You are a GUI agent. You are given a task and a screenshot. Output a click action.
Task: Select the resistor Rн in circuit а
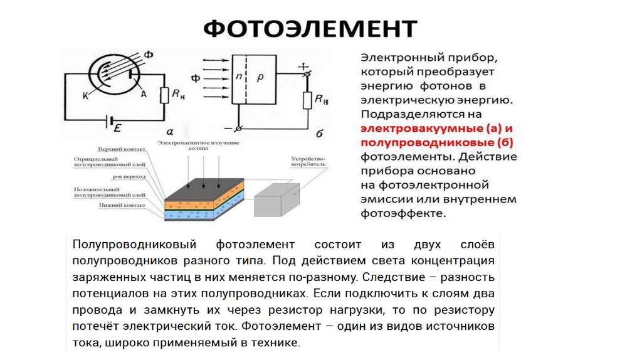coord(164,95)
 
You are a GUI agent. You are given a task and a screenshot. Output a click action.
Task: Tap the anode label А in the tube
coord(144,94)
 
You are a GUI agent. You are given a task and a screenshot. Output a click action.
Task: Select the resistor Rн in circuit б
coord(307,100)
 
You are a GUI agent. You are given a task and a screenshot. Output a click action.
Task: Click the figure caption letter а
coord(170,130)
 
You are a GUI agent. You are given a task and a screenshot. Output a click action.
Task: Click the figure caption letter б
coord(320,133)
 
